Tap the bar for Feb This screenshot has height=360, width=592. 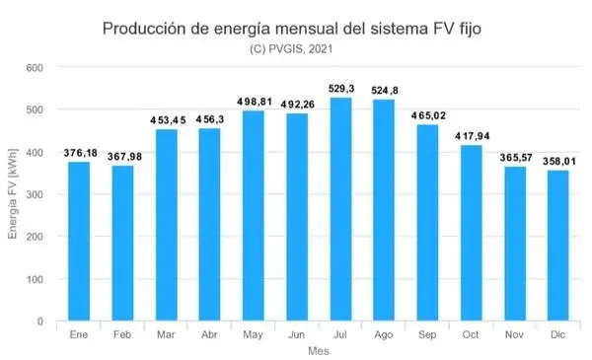pos(123,244)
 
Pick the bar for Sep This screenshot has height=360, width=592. pos(428,223)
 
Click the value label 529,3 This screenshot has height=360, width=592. pos(341,89)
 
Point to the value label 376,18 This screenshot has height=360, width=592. pos(80,153)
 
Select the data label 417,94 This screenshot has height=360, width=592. pos(472,135)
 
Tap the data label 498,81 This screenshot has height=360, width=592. pos(255,102)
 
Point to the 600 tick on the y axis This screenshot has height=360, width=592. pos(36,67)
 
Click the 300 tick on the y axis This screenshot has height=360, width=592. pos(36,194)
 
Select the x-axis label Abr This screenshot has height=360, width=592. pos(210,335)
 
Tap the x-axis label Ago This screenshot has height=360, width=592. pos(385,335)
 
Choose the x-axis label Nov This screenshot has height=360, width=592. pos(515,335)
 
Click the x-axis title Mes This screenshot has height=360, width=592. pos(319,351)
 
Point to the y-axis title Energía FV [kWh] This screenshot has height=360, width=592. pos(13,194)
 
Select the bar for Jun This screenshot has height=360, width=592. pos(298,217)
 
